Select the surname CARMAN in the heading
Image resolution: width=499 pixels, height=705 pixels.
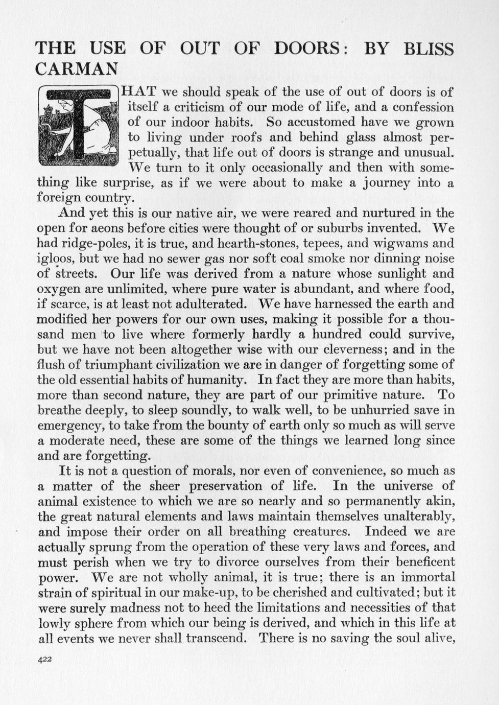(77, 68)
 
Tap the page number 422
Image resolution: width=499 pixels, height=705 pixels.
(45, 660)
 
